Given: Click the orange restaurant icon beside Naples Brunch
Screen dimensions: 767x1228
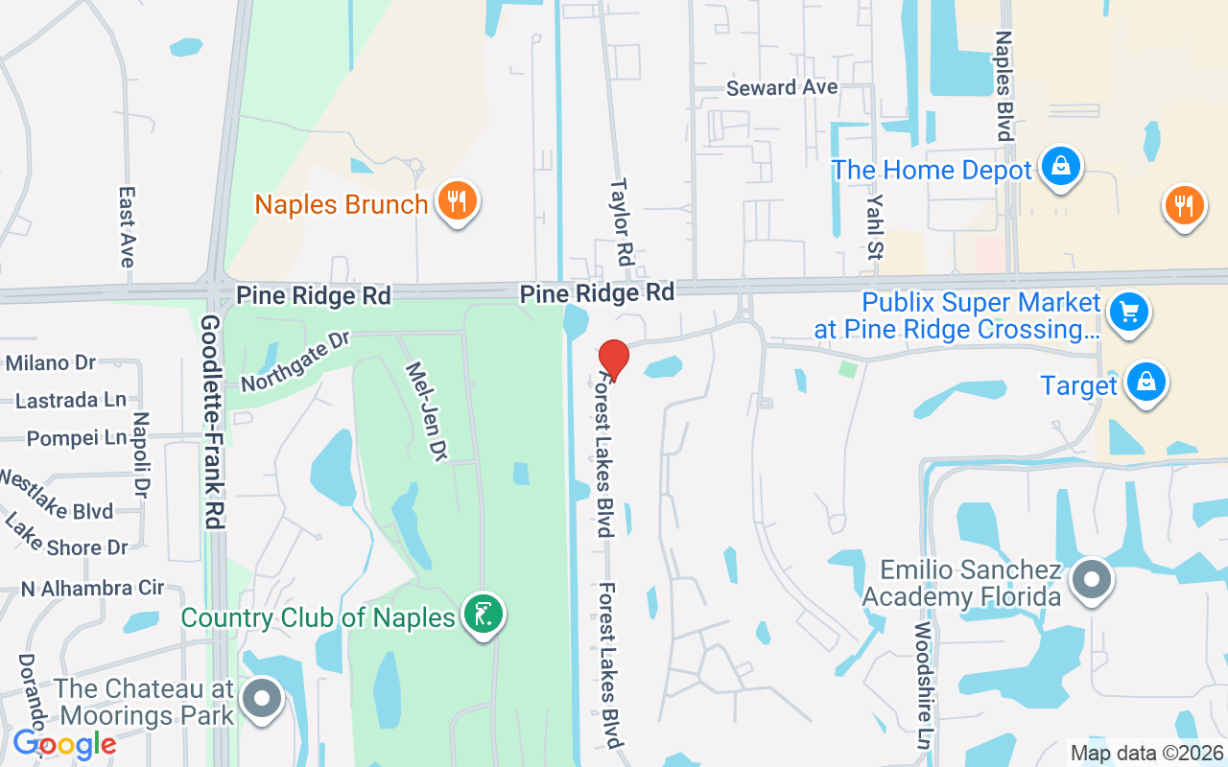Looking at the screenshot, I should click(458, 201).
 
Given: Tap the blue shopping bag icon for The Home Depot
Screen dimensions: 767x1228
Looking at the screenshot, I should click(1060, 167).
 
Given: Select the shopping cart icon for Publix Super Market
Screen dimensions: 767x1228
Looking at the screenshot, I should click(1128, 312).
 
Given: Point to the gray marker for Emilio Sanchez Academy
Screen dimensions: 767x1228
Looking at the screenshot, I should click(1091, 580).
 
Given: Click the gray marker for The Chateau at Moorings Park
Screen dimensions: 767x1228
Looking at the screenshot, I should click(262, 699).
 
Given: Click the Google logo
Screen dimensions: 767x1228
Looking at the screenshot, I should click(64, 743).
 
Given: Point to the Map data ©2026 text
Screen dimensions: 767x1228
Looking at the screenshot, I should click(1146, 753).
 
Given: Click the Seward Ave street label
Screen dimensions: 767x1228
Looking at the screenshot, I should click(782, 88).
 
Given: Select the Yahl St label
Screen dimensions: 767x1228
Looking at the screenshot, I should click(874, 225).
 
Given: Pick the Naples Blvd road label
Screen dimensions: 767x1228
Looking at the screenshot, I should click(1004, 86).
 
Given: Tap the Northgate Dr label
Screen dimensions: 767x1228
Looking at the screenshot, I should click(296, 361).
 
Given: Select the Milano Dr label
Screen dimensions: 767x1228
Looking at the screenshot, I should click(51, 362).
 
